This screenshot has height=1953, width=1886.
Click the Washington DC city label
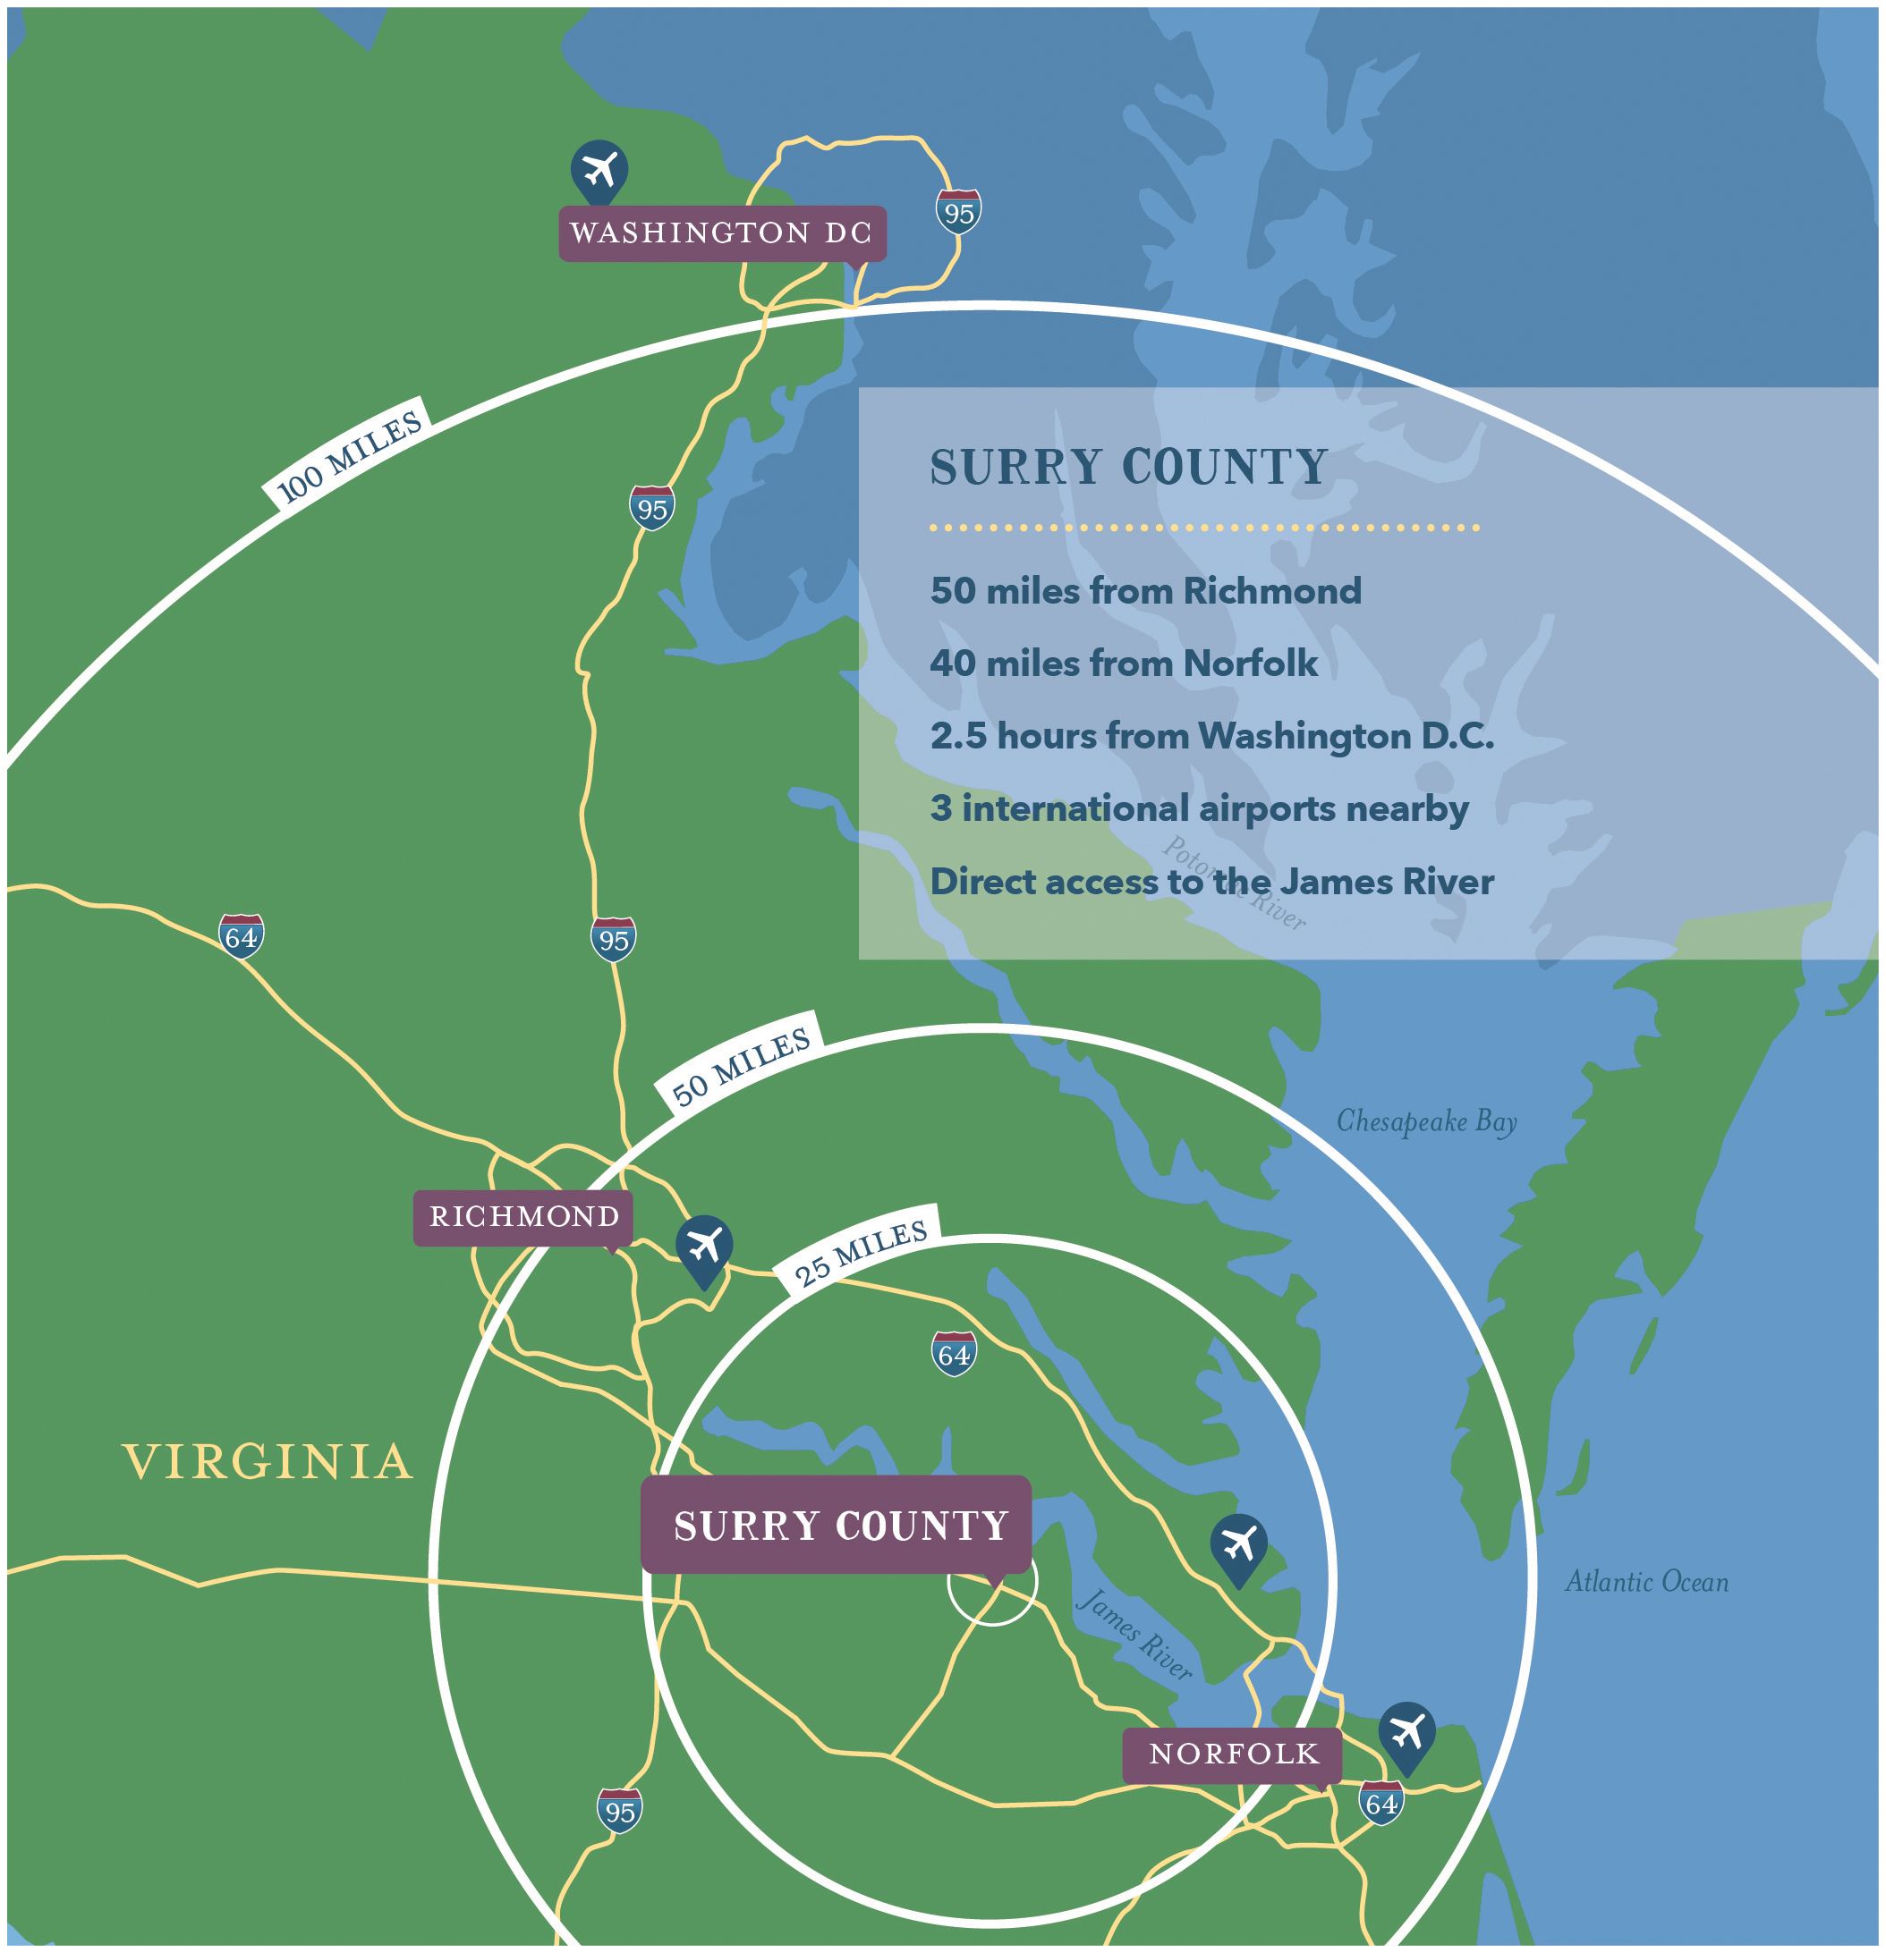coord(721,233)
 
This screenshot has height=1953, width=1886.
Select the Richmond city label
coord(523,1217)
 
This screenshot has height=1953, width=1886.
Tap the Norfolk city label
coord(1232,1754)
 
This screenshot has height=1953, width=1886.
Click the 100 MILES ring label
coord(348,457)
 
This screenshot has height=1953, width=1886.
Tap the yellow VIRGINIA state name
coord(268,1462)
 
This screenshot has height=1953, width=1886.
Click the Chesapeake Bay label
coord(1425,1121)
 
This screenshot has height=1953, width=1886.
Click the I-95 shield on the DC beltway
coord(958,212)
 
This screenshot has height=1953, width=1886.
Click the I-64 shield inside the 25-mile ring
coord(954,1354)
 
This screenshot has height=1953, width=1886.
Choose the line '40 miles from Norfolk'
coord(1124,664)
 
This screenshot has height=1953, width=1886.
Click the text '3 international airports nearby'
coord(1199,808)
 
